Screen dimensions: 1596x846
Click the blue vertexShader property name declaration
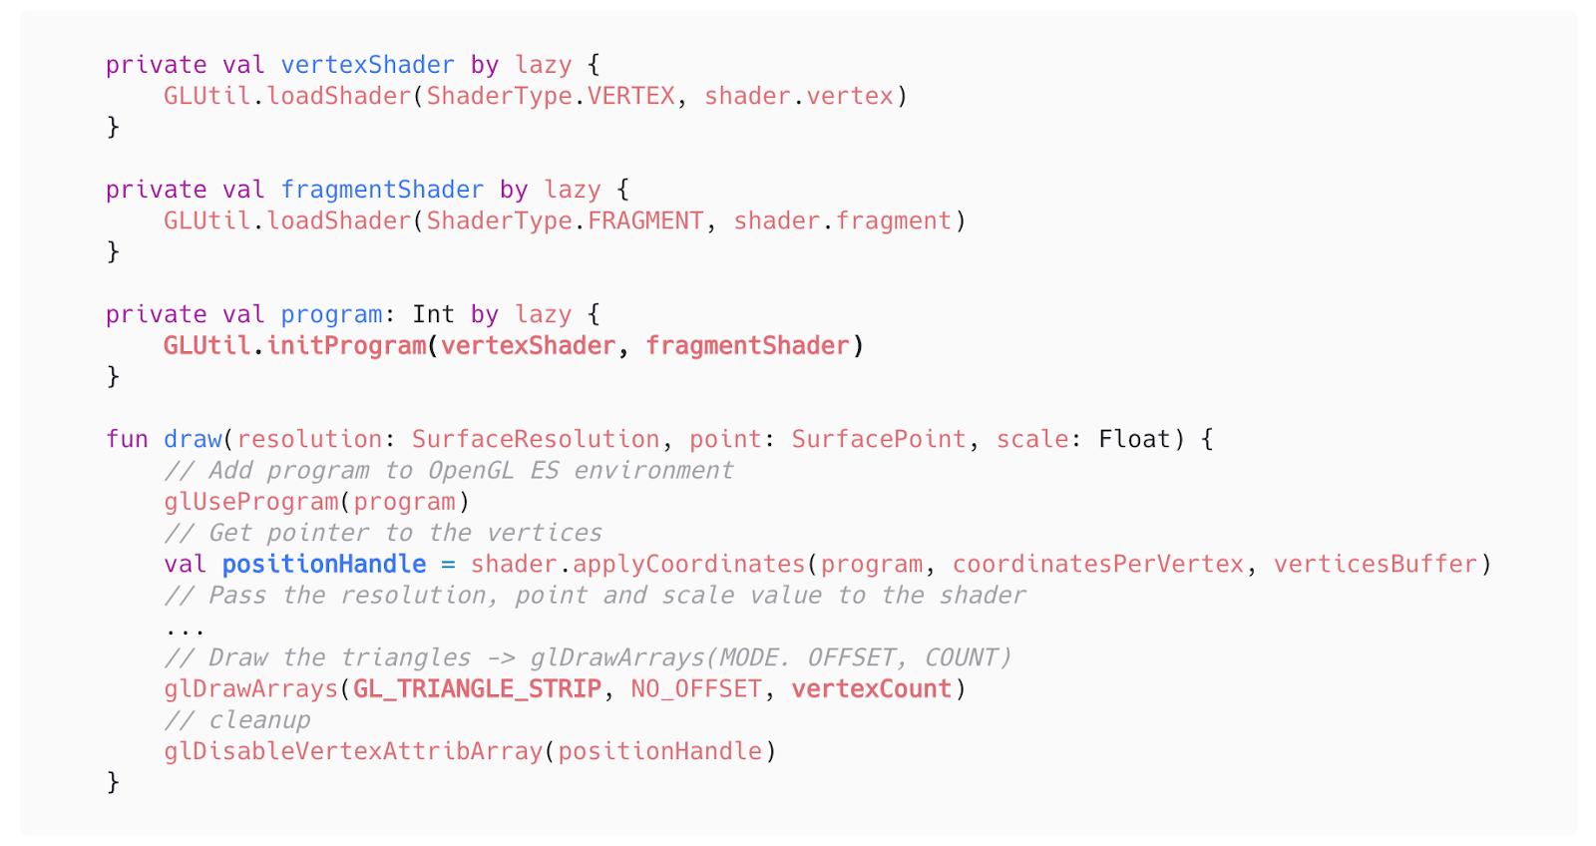(368, 65)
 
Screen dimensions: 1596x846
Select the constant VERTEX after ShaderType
(631, 96)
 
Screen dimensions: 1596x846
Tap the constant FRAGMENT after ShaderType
(645, 220)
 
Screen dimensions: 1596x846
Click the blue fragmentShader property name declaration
(382, 190)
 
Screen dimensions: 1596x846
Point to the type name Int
(433, 314)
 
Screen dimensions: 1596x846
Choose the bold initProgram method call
(346, 345)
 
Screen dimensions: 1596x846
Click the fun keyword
(127, 439)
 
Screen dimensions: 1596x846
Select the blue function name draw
(194, 439)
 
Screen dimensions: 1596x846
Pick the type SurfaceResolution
(536, 439)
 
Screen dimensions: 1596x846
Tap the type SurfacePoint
(879, 439)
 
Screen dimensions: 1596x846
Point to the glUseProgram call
(251, 502)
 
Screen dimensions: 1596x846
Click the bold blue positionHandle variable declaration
(324, 564)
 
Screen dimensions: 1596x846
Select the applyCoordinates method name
(689, 564)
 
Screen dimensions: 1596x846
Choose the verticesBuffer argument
(1376, 564)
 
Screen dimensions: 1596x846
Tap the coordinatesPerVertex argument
(1098, 564)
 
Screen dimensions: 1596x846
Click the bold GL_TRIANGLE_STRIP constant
(478, 688)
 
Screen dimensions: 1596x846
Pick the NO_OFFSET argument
(696, 688)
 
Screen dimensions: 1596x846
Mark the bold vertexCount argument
(872, 688)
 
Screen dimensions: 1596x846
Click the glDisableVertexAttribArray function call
(353, 751)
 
